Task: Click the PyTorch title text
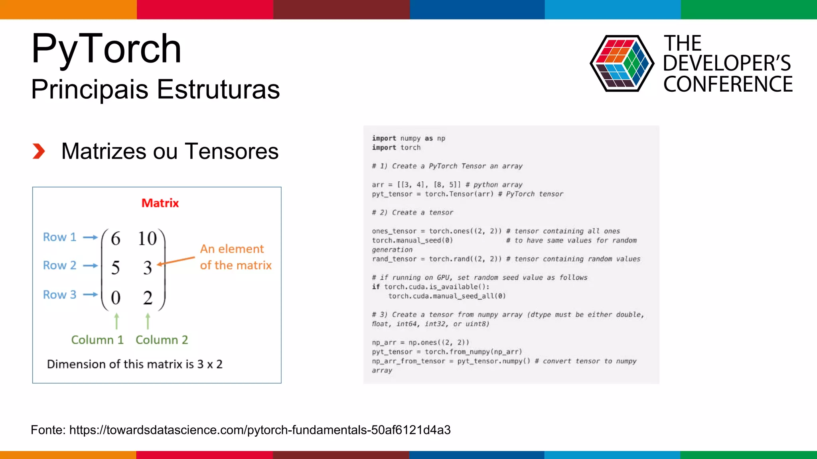(106, 49)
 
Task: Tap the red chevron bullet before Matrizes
(39, 151)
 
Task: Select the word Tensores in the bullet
(231, 151)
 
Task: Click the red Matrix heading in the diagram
(160, 203)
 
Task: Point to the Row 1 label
(59, 237)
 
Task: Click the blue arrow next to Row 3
(90, 295)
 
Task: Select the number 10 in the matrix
(147, 239)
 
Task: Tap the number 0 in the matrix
(115, 298)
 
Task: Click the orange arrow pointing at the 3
(176, 261)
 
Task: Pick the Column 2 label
(162, 340)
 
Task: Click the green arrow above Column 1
(116, 321)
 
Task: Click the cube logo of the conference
(622, 64)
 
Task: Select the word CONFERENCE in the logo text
(728, 84)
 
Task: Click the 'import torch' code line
(396, 148)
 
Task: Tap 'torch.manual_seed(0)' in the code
(412, 241)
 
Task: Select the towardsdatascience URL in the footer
(260, 430)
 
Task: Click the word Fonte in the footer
(47, 430)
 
